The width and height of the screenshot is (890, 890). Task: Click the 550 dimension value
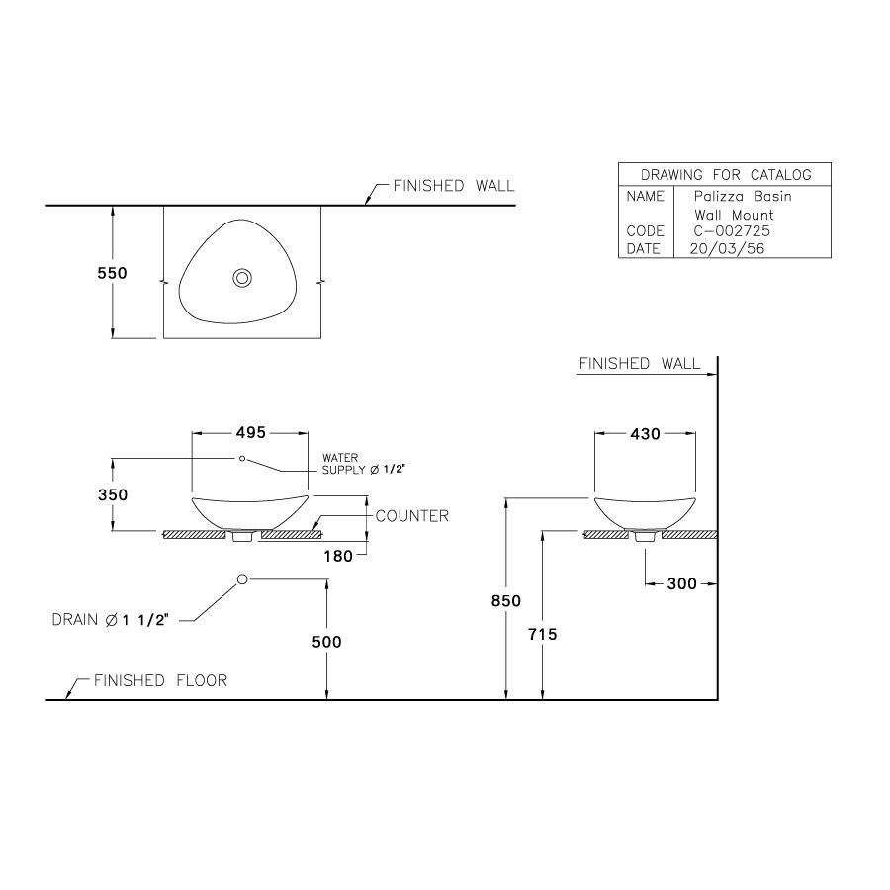[x=112, y=273]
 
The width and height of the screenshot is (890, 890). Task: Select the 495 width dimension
[x=250, y=433]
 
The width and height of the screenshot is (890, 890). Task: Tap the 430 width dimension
[x=644, y=433]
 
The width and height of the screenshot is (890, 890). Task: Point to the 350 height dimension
[x=112, y=494]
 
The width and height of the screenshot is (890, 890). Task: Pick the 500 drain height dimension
[x=326, y=642]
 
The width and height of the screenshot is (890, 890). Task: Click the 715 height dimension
[x=543, y=635]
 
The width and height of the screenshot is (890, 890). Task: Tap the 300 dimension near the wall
[x=681, y=584]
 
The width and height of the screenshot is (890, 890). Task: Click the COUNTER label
[x=412, y=516]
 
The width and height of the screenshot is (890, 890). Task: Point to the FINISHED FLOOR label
[x=160, y=680]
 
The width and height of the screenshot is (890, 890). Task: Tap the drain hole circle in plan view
[x=241, y=278]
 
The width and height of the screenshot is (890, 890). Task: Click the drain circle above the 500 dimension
[x=242, y=579]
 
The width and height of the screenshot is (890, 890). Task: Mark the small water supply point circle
[x=241, y=458]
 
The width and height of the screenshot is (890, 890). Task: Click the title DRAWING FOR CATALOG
[x=726, y=175]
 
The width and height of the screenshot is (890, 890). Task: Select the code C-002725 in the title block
[x=733, y=231]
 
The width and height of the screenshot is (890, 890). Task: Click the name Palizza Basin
[x=743, y=197]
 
